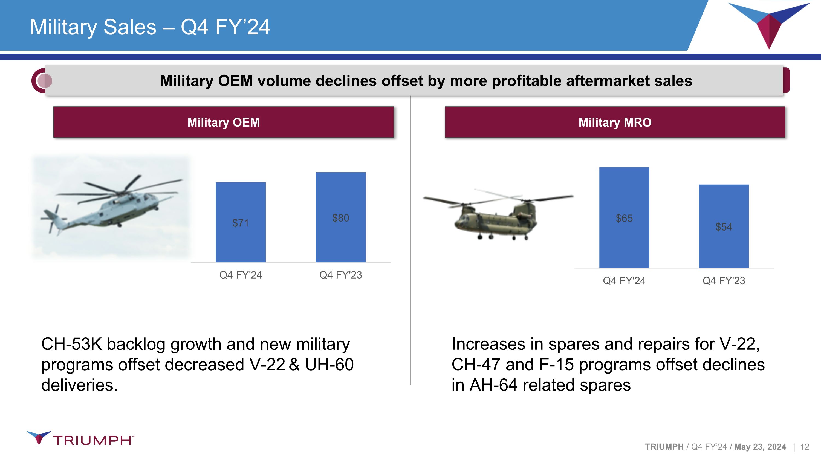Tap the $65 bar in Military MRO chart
pyautogui.click(x=624, y=217)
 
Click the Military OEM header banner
pyautogui.click(x=223, y=122)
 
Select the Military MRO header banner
pyautogui.click(x=615, y=122)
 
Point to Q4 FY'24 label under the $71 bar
pyautogui.click(x=241, y=275)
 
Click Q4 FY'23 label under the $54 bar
pyautogui.click(x=724, y=281)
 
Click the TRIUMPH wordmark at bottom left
pyautogui.click(x=92, y=440)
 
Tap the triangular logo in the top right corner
pyautogui.click(x=769, y=24)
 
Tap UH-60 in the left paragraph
pyautogui.click(x=329, y=365)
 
